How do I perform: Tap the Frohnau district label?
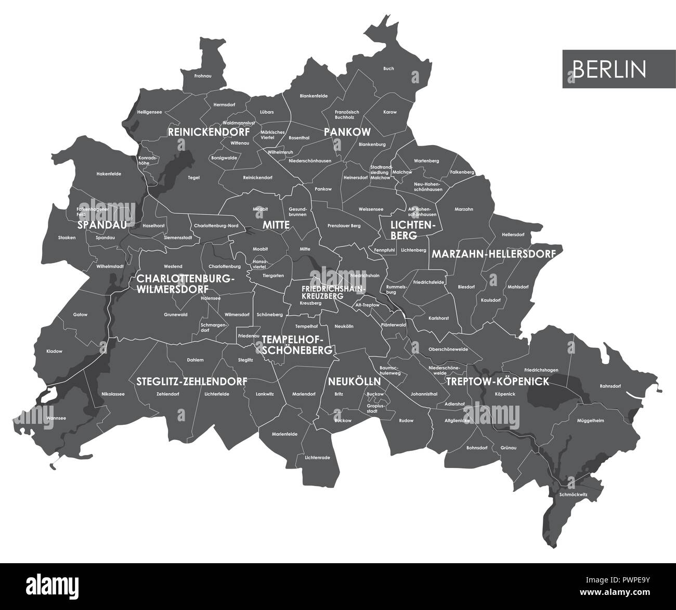[x=202, y=76]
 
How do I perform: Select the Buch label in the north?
[x=388, y=69]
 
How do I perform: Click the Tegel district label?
[x=193, y=177]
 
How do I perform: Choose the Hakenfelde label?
[x=109, y=174]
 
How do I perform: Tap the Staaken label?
[x=67, y=238]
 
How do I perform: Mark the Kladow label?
[x=54, y=351]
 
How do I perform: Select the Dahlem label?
[x=195, y=360]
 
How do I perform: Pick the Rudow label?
[x=406, y=420]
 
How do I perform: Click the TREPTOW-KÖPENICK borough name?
[x=497, y=381]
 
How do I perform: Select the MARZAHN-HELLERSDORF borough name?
[x=493, y=254]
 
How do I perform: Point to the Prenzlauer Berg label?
[x=344, y=226]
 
